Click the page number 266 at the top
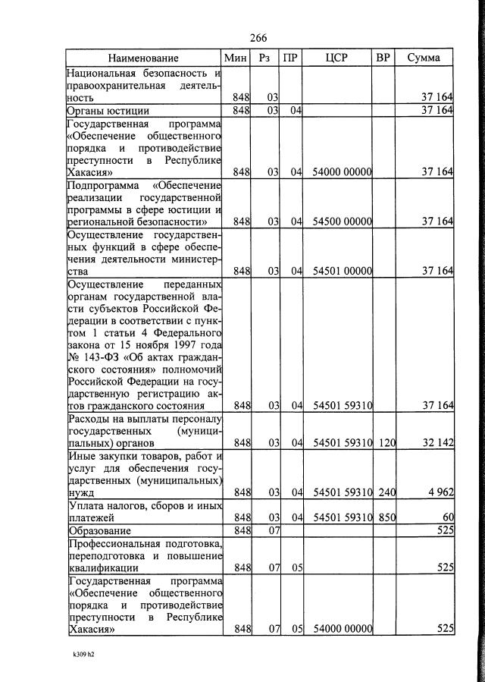258,39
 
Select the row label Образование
99,530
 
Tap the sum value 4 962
440,492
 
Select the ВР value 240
386,492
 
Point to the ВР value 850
386,517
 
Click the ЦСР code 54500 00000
341,222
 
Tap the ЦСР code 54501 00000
341,271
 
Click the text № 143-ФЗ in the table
87,357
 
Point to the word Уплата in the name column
87,505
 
